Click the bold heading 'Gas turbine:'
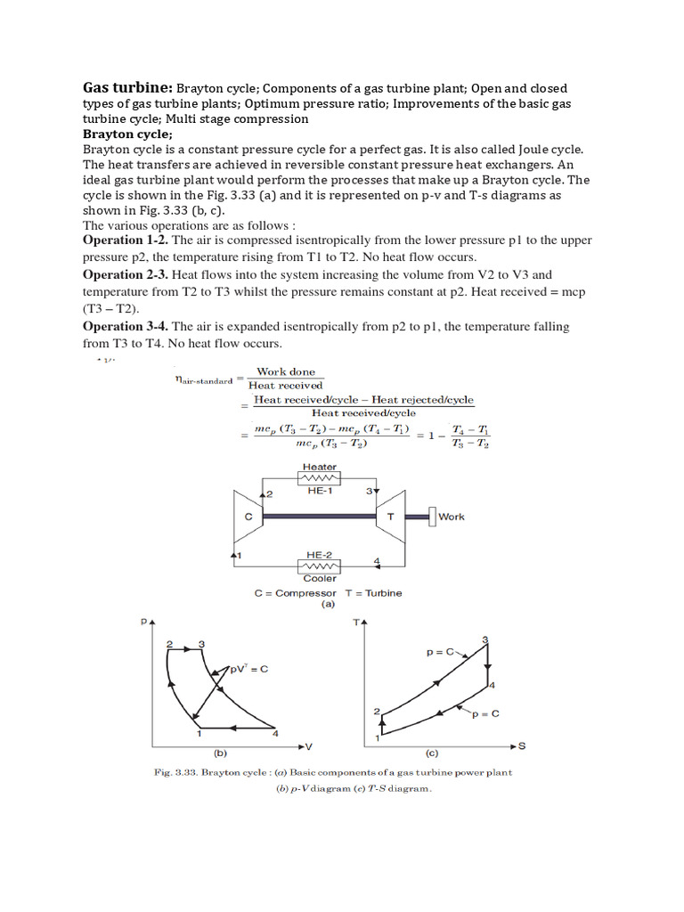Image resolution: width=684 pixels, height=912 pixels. coord(127,88)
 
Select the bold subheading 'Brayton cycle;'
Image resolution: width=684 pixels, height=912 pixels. coord(127,134)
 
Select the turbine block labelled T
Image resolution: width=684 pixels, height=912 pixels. coord(390,516)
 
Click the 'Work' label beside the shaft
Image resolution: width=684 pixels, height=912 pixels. coord(452,517)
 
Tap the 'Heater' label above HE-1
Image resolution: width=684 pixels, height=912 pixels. coord(320,467)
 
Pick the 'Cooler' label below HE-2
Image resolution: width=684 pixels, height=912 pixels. coord(320,578)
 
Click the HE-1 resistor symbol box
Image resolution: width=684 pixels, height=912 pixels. coord(320,478)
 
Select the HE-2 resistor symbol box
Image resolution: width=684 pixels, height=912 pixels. coord(320,566)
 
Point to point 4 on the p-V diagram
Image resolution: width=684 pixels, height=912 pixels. coord(275,734)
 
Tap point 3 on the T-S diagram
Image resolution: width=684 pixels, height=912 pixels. coord(484,639)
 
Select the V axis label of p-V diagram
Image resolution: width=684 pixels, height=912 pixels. coord(308,745)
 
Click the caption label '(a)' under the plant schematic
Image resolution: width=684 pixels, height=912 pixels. coord(327,603)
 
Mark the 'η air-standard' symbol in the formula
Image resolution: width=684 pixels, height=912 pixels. coord(203,379)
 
